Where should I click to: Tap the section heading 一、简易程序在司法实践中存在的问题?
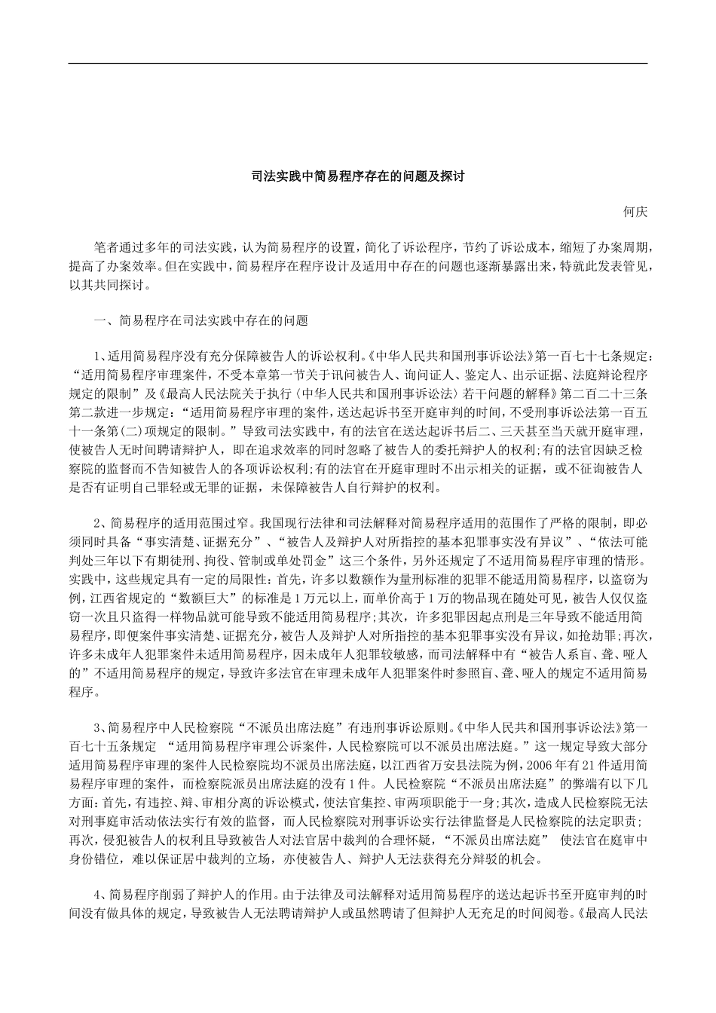200,320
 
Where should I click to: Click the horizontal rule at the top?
357,63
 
